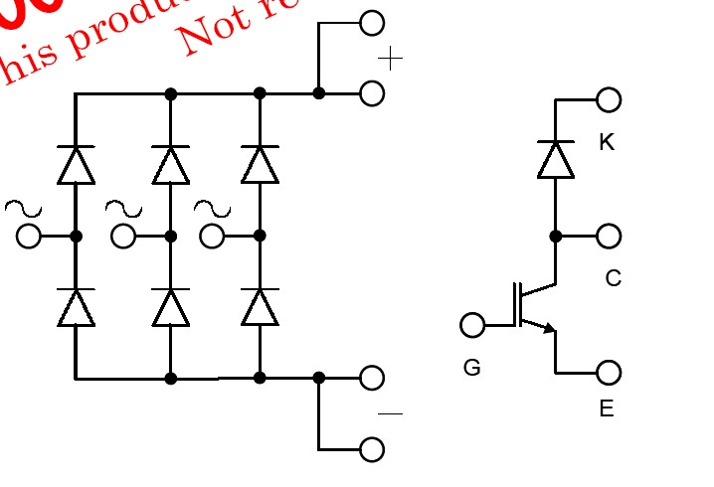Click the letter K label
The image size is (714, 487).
(x=607, y=143)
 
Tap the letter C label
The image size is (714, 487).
(x=613, y=279)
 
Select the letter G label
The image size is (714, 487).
(x=472, y=368)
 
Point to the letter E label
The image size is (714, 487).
(x=607, y=408)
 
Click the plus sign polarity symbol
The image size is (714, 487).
(x=391, y=60)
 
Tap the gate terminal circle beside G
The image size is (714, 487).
(x=473, y=325)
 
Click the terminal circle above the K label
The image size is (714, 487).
(x=609, y=99)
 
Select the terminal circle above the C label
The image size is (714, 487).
(x=609, y=236)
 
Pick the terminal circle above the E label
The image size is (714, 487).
(x=609, y=373)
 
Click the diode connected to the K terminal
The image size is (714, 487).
(x=556, y=159)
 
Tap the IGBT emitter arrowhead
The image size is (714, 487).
(x=549, y=329)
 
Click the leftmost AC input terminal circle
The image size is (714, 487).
(x=30, y=237)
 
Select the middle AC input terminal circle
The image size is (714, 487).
(x=123, y=237)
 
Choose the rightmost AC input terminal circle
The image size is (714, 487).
(x=213, y=237)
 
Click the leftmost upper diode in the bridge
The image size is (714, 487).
(x=76, y=165)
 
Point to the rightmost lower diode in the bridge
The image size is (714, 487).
(x=260, y=307)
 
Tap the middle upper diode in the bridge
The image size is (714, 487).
(x=171, y=165)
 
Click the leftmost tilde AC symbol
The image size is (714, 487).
(x=23, y=208)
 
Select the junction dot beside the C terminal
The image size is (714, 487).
(x=556, y=237)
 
